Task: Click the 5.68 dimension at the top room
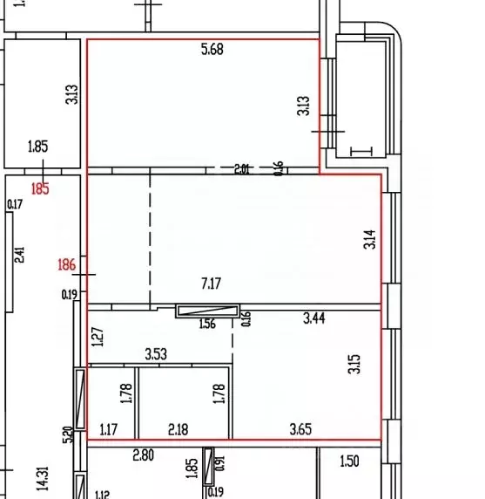point(212,50)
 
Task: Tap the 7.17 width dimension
point(212,284)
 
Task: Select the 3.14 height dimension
point(368,239)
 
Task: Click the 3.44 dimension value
point(315,319)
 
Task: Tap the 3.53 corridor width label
point(156,354)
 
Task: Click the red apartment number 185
point(40,188)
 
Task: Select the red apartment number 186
point(66,264)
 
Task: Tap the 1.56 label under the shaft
point(208,325)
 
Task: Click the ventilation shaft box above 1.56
point(207,311)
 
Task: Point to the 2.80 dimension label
point(143,455)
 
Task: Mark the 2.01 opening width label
point(242,170)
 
